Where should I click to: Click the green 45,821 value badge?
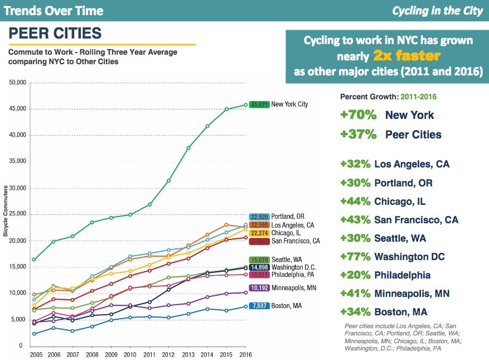click(259, 104)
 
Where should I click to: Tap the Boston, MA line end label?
click(287, 306)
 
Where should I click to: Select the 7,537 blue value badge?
click(259, 306)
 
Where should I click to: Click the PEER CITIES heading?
click(55, 33)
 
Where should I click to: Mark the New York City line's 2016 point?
click(246, 104)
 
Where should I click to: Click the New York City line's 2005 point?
click(35, 260)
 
